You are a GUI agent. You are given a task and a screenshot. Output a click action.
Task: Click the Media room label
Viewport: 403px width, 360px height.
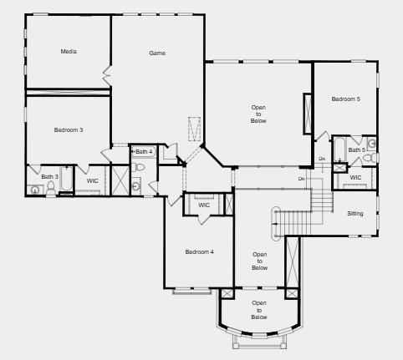pos(69,52)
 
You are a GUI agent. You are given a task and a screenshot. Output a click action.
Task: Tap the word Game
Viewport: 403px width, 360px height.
pos(157,53)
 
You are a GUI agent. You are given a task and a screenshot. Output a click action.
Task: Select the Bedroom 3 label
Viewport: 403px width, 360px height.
pos(69,129)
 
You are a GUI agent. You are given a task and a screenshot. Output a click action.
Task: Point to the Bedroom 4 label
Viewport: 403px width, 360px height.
pos(200,251)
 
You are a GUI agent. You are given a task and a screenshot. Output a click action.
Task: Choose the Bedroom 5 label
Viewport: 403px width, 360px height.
pos(345,99)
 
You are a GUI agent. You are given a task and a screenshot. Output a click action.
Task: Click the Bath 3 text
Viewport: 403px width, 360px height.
pos(50,176)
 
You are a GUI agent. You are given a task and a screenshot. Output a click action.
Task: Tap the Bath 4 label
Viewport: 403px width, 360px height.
pos(145,152)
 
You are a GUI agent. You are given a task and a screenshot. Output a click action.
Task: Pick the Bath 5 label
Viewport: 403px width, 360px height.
pos(357,150)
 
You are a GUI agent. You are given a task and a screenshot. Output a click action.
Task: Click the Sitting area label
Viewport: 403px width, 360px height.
pos(355,214)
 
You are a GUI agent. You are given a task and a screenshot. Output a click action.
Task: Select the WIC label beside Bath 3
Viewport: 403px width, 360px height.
pos(92,180)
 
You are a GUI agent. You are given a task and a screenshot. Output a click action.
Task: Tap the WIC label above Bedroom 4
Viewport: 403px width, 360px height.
pos(204,205)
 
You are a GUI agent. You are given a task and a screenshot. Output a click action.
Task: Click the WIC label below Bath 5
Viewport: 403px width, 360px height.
pos(355,177)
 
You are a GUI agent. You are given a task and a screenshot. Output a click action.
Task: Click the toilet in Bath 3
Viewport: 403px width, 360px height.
pos(50,188)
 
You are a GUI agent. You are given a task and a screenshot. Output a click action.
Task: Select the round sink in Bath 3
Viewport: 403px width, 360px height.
pos(34,190)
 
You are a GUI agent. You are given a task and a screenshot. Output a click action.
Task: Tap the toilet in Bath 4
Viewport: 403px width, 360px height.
pos(140,168)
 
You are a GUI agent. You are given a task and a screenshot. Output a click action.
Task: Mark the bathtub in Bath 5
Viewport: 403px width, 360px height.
pos(339,149)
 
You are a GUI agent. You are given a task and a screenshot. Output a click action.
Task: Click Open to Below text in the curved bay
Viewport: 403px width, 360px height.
pos(259,310)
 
